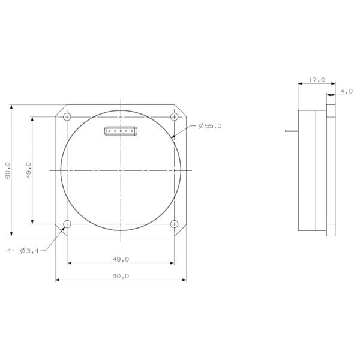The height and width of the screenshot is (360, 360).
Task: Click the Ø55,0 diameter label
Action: [x=210, y=126]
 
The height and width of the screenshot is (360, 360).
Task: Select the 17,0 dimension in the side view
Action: [x=317, y=80]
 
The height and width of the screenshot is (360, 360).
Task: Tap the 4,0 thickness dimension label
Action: [x=346, y=91]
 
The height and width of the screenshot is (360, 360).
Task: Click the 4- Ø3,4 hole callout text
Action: [x=23, y=251]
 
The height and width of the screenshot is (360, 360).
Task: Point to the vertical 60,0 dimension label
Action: [x=8, y=170]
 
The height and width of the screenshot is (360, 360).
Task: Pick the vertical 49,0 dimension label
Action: [x=28, y=170]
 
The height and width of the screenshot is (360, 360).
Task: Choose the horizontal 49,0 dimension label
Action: [x=121, y=259]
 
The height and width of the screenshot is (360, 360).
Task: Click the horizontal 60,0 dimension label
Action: [x=121, y=276]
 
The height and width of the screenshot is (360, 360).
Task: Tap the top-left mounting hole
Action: [x=67, y=117]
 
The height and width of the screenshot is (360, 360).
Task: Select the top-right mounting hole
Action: [x=174, y=117]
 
